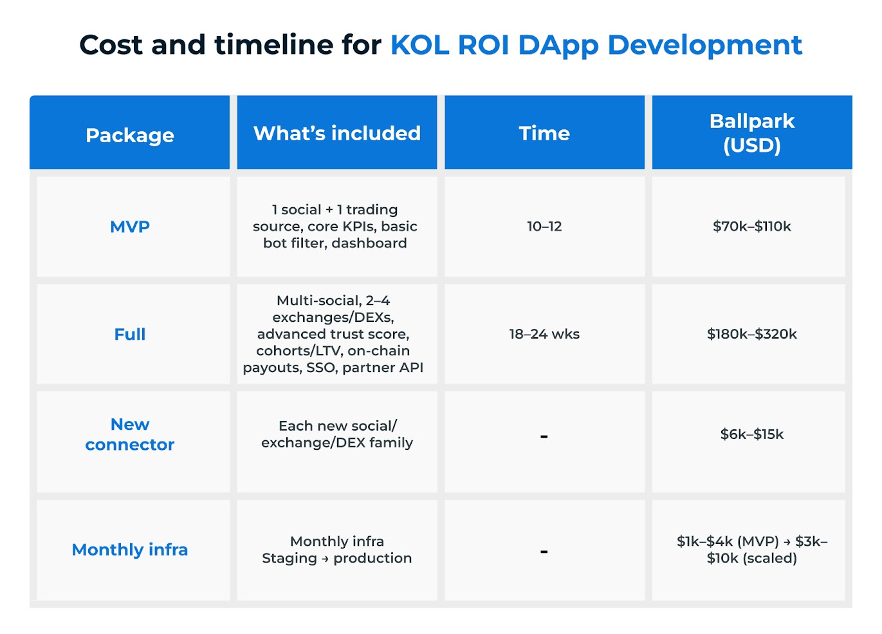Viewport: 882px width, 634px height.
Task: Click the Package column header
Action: (x=129, y=136)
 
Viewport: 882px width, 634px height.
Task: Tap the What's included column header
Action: (x=337, y=133)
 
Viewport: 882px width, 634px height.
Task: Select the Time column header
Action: (x=544, y=133)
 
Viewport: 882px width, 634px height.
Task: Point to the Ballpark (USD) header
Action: (x=751, y=133)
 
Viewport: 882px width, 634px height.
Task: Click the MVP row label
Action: (x=129, y=227)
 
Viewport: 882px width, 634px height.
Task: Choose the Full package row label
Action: (x=129, y=334)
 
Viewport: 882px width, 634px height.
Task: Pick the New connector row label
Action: (x=129, y=434)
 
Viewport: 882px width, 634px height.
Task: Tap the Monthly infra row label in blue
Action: (x=129, y=549)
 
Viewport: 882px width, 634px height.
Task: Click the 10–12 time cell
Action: (x=544, y=226)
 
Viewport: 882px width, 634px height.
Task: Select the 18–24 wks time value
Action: (x=544, y=334)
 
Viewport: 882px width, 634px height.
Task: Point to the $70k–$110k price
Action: (x=751, y=226)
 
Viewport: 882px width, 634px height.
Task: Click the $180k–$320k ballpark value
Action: (x=751, y=334)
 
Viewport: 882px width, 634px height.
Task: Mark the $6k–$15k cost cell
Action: (x=751, y=434)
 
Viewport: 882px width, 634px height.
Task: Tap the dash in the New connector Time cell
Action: (x=544, y=436)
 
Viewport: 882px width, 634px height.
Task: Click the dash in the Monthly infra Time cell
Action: (x=544, y=551)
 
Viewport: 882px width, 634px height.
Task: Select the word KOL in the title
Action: (x=419, y=44)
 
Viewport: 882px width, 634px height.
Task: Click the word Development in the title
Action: (x=705, y=45)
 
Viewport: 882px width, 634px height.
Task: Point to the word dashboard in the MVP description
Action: (x=369, y=243)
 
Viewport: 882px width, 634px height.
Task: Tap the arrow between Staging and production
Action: (x=325, y=559)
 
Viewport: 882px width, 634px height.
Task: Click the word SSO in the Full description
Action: (x=321, y=368)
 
